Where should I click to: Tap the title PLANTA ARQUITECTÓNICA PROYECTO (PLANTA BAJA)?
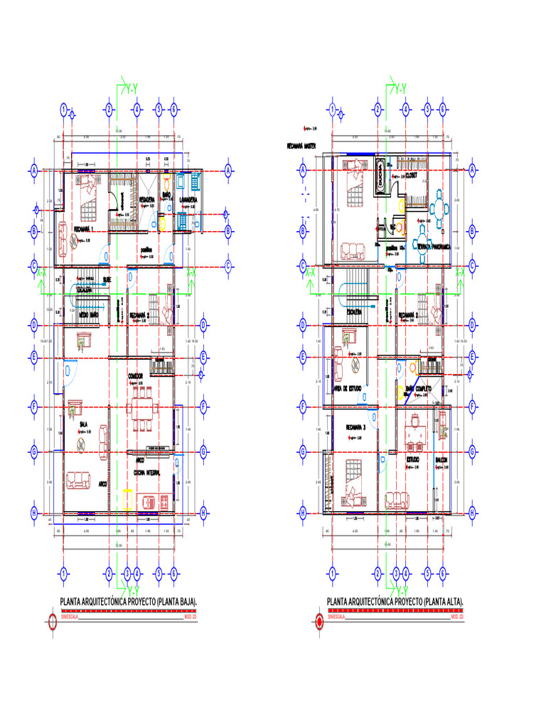pyautogui.click(x=129, y=602)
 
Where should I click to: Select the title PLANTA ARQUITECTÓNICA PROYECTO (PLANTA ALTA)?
pyautogui.click(x=395, y=602)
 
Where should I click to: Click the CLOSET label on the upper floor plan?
pyautogui.click(x=412, y=176)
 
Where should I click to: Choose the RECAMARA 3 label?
pyautogui.click(x=355, y=427)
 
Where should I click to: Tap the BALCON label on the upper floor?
pyautogui.click(x=441, y=460)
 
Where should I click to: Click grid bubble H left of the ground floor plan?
pyautogui.click(x=33, y=513)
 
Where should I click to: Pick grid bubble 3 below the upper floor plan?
pyautogui.click(x=395, y=573)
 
